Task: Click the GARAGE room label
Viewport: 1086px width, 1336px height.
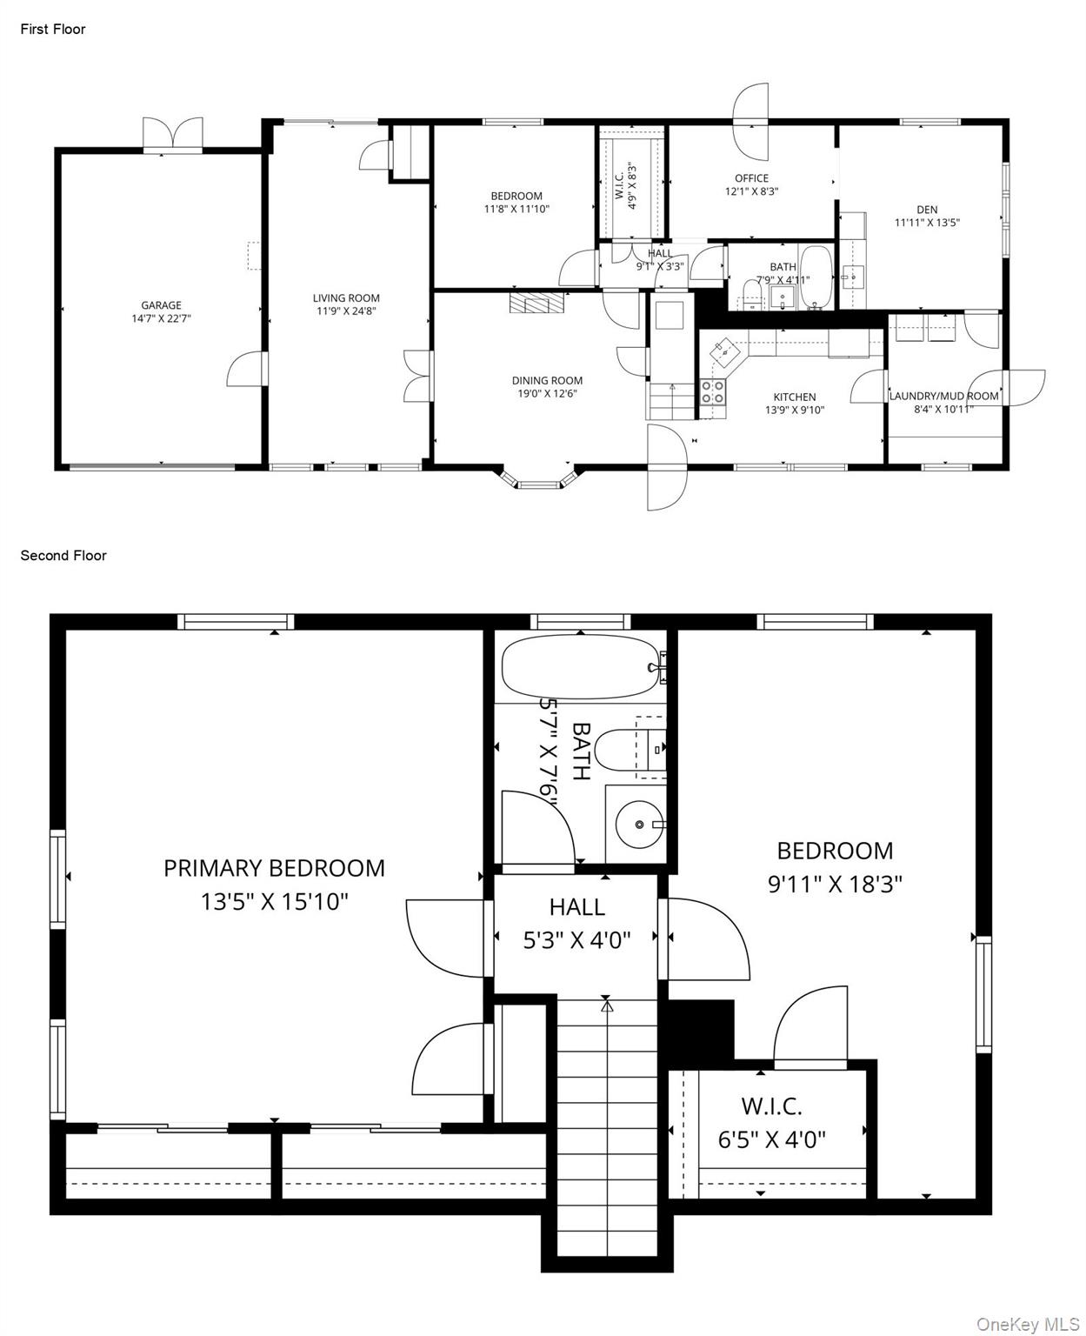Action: click(x=161, y=305)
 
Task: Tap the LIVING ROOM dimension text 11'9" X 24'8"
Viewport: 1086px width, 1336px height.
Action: click(x=345, y=311)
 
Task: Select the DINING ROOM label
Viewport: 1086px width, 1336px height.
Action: click(x=547, y=380)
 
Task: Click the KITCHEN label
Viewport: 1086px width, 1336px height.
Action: click(x=794, y=397)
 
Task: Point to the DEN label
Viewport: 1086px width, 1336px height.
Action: click(x=927, y=210)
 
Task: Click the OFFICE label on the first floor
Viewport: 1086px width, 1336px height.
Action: click(x=751, y=178)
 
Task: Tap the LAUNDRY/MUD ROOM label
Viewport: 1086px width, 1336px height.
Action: click(x=943, y=397)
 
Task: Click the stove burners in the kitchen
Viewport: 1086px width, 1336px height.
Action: click(x=713, y=392)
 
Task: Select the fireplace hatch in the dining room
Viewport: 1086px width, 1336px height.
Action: click(x=536, y=304)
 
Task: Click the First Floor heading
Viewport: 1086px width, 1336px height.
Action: click(x=53, y=29)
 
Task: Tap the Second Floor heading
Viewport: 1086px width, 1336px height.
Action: click(x=63, y=555)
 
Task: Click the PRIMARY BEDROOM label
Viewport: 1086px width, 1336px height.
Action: click(x=274, y=868)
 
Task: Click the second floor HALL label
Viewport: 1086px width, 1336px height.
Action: click(x=576, y=907)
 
